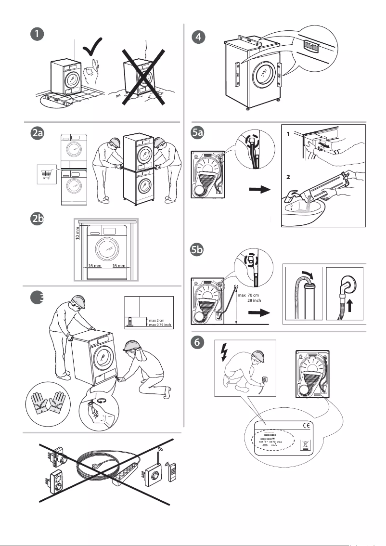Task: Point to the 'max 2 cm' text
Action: click(x=157, y=320)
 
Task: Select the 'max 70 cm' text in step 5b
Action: click(x=249, y=295)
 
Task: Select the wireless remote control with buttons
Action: click(x=172, y=476)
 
